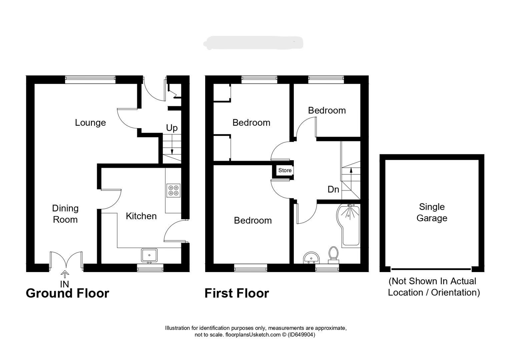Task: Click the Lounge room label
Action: click(90, 123)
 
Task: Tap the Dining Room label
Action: click(65, 214)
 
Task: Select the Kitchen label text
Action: click(141, 216)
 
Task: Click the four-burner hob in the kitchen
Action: click(174, 190)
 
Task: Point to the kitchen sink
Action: click(149, 255)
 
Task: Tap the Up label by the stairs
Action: click(172, 128)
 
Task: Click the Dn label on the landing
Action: click(333, 190)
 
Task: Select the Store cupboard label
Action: click(285, 170)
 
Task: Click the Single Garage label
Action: click(432, 213)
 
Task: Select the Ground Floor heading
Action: click(67, 293)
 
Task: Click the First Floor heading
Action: click(236, 293)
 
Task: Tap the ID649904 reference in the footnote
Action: click(301, 335)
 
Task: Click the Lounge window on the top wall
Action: click(90, 79)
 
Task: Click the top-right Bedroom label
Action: click(327, 111)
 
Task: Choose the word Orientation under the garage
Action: click(455, 293)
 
